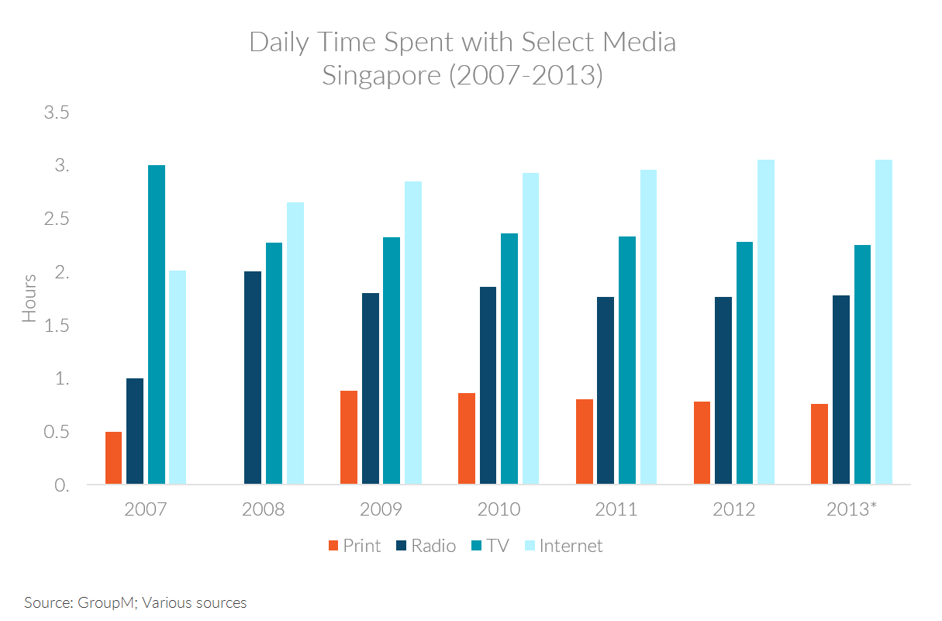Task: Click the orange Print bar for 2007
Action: coord(113,458)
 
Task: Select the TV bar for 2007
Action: coord(156,325)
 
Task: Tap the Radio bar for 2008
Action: coord(253,378)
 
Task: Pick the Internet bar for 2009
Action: coord(412,333)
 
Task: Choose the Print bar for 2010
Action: coord(466,439)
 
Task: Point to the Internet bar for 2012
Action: coord(765,323)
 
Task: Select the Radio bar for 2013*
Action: coord(840,390)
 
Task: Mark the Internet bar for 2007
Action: coord(178,378)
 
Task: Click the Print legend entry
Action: coord(354,546)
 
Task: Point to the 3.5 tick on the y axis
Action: coord(57,113)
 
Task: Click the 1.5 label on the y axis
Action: coord(57,326)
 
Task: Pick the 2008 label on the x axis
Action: coord(263,509)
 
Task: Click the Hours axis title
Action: coord(29,298)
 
